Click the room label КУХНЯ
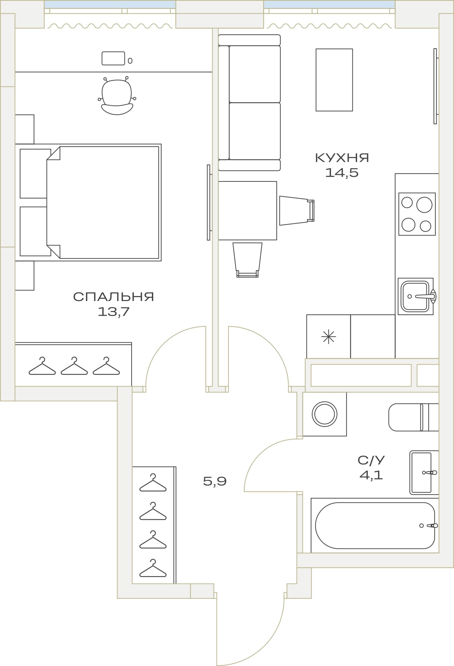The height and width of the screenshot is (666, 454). pos(342,158)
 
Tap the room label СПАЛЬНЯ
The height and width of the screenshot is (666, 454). pos(114,297)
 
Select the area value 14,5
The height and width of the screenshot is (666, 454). pos(342,173)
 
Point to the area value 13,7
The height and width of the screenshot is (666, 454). pos(114,312)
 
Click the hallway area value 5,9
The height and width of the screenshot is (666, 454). pos(215,481)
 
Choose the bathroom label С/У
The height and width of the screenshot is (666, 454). pos(371,460)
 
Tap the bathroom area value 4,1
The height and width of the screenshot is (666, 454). pos(371,475)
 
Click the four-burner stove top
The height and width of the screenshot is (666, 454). pos(417,214)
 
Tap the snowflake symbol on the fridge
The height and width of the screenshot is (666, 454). pos(328,337)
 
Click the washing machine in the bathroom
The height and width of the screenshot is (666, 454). pos(324,414)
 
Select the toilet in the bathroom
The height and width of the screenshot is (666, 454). pos(414,417)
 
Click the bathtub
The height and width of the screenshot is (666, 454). pos(375,525)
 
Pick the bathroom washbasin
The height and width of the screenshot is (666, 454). pos(424,473)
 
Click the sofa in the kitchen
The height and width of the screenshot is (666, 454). pos(249,103)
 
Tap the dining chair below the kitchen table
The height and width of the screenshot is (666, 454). pos(247,260)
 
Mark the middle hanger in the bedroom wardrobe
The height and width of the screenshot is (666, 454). pos(74,366)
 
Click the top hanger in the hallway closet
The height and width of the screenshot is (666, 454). pos(153,483)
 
